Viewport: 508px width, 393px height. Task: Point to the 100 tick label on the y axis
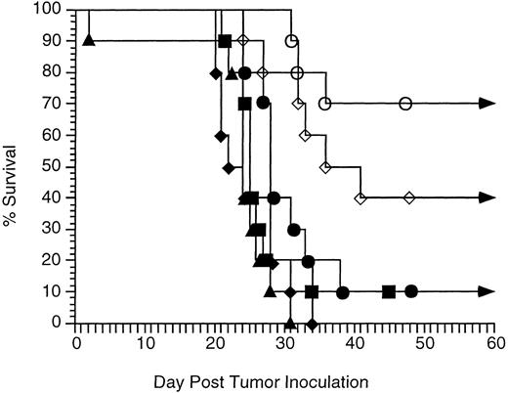pos(51,10)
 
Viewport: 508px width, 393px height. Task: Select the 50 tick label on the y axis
pos(55,166)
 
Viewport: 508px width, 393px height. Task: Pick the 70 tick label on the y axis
pos(55,104)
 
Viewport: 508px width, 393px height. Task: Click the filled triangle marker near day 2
pos(90,40)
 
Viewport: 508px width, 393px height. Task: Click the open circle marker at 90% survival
pos(291,40)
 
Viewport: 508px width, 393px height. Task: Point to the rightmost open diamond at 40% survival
pos(409,197)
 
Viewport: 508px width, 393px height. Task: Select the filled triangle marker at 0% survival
pos(289,323)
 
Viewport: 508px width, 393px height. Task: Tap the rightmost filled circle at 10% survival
pos(411,291)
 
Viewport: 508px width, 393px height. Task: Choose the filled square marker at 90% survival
pos(225,40)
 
